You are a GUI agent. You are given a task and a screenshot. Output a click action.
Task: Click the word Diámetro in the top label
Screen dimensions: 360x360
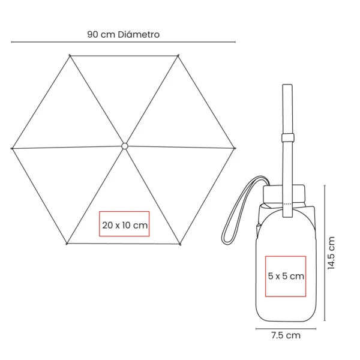tap(139, 34)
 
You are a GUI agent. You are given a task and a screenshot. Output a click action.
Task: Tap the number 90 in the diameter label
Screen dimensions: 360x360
tap(93, 35)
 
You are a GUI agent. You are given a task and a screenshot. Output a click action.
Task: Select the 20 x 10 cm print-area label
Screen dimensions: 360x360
tap(125, 225)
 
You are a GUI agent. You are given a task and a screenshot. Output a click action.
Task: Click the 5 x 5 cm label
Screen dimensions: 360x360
tap(286, 276)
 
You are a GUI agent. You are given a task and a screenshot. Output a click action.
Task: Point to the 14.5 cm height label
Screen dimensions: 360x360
tap(331, 253)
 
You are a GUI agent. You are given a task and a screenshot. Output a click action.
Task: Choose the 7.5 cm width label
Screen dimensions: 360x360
tap(286, 335)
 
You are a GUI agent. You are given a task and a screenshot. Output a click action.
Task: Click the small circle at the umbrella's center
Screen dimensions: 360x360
tap(124, 146)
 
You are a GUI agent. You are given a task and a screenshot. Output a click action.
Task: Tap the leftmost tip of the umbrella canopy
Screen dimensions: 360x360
tap(12, 149)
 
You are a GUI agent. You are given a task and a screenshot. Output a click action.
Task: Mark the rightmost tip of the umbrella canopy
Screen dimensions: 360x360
tap(235, 148)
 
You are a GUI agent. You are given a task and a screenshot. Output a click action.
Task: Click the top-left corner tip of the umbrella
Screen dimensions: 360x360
tap(70, 55)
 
